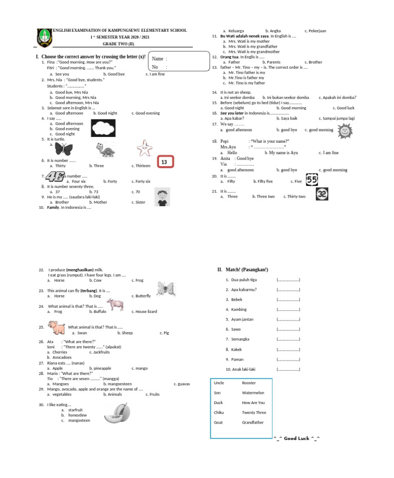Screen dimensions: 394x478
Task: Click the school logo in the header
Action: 45,36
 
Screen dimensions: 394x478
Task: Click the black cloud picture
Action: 107,127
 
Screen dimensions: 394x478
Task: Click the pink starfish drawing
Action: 145,148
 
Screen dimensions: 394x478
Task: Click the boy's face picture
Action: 162,198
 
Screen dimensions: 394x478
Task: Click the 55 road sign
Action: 312,180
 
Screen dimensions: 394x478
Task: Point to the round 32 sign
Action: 322,194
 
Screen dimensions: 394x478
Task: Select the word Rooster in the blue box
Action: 249,383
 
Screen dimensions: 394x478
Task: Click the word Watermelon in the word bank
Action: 253,393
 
